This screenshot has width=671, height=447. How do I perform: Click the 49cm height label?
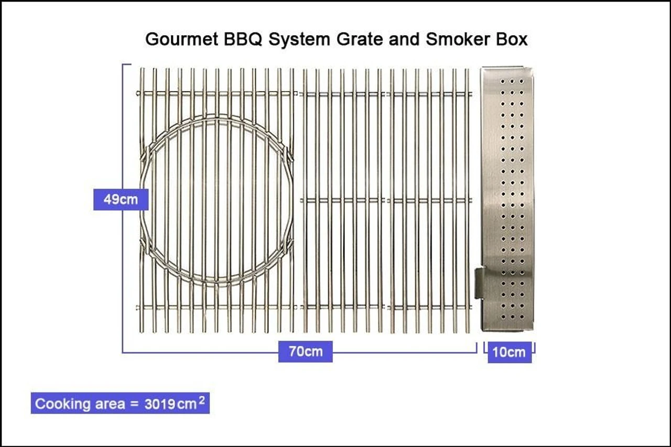121,199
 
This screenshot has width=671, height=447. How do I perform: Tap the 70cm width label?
306,351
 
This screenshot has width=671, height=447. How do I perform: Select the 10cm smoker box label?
509,352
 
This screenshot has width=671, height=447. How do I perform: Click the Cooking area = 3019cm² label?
120,404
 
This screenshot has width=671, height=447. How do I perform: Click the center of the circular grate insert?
216,200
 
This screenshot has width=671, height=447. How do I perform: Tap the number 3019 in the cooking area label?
160,404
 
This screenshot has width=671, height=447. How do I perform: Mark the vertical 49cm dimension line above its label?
123,126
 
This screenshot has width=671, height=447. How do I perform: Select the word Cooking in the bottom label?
56,404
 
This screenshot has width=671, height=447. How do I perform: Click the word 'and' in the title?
403,40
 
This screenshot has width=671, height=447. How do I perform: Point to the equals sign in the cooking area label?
134,404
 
